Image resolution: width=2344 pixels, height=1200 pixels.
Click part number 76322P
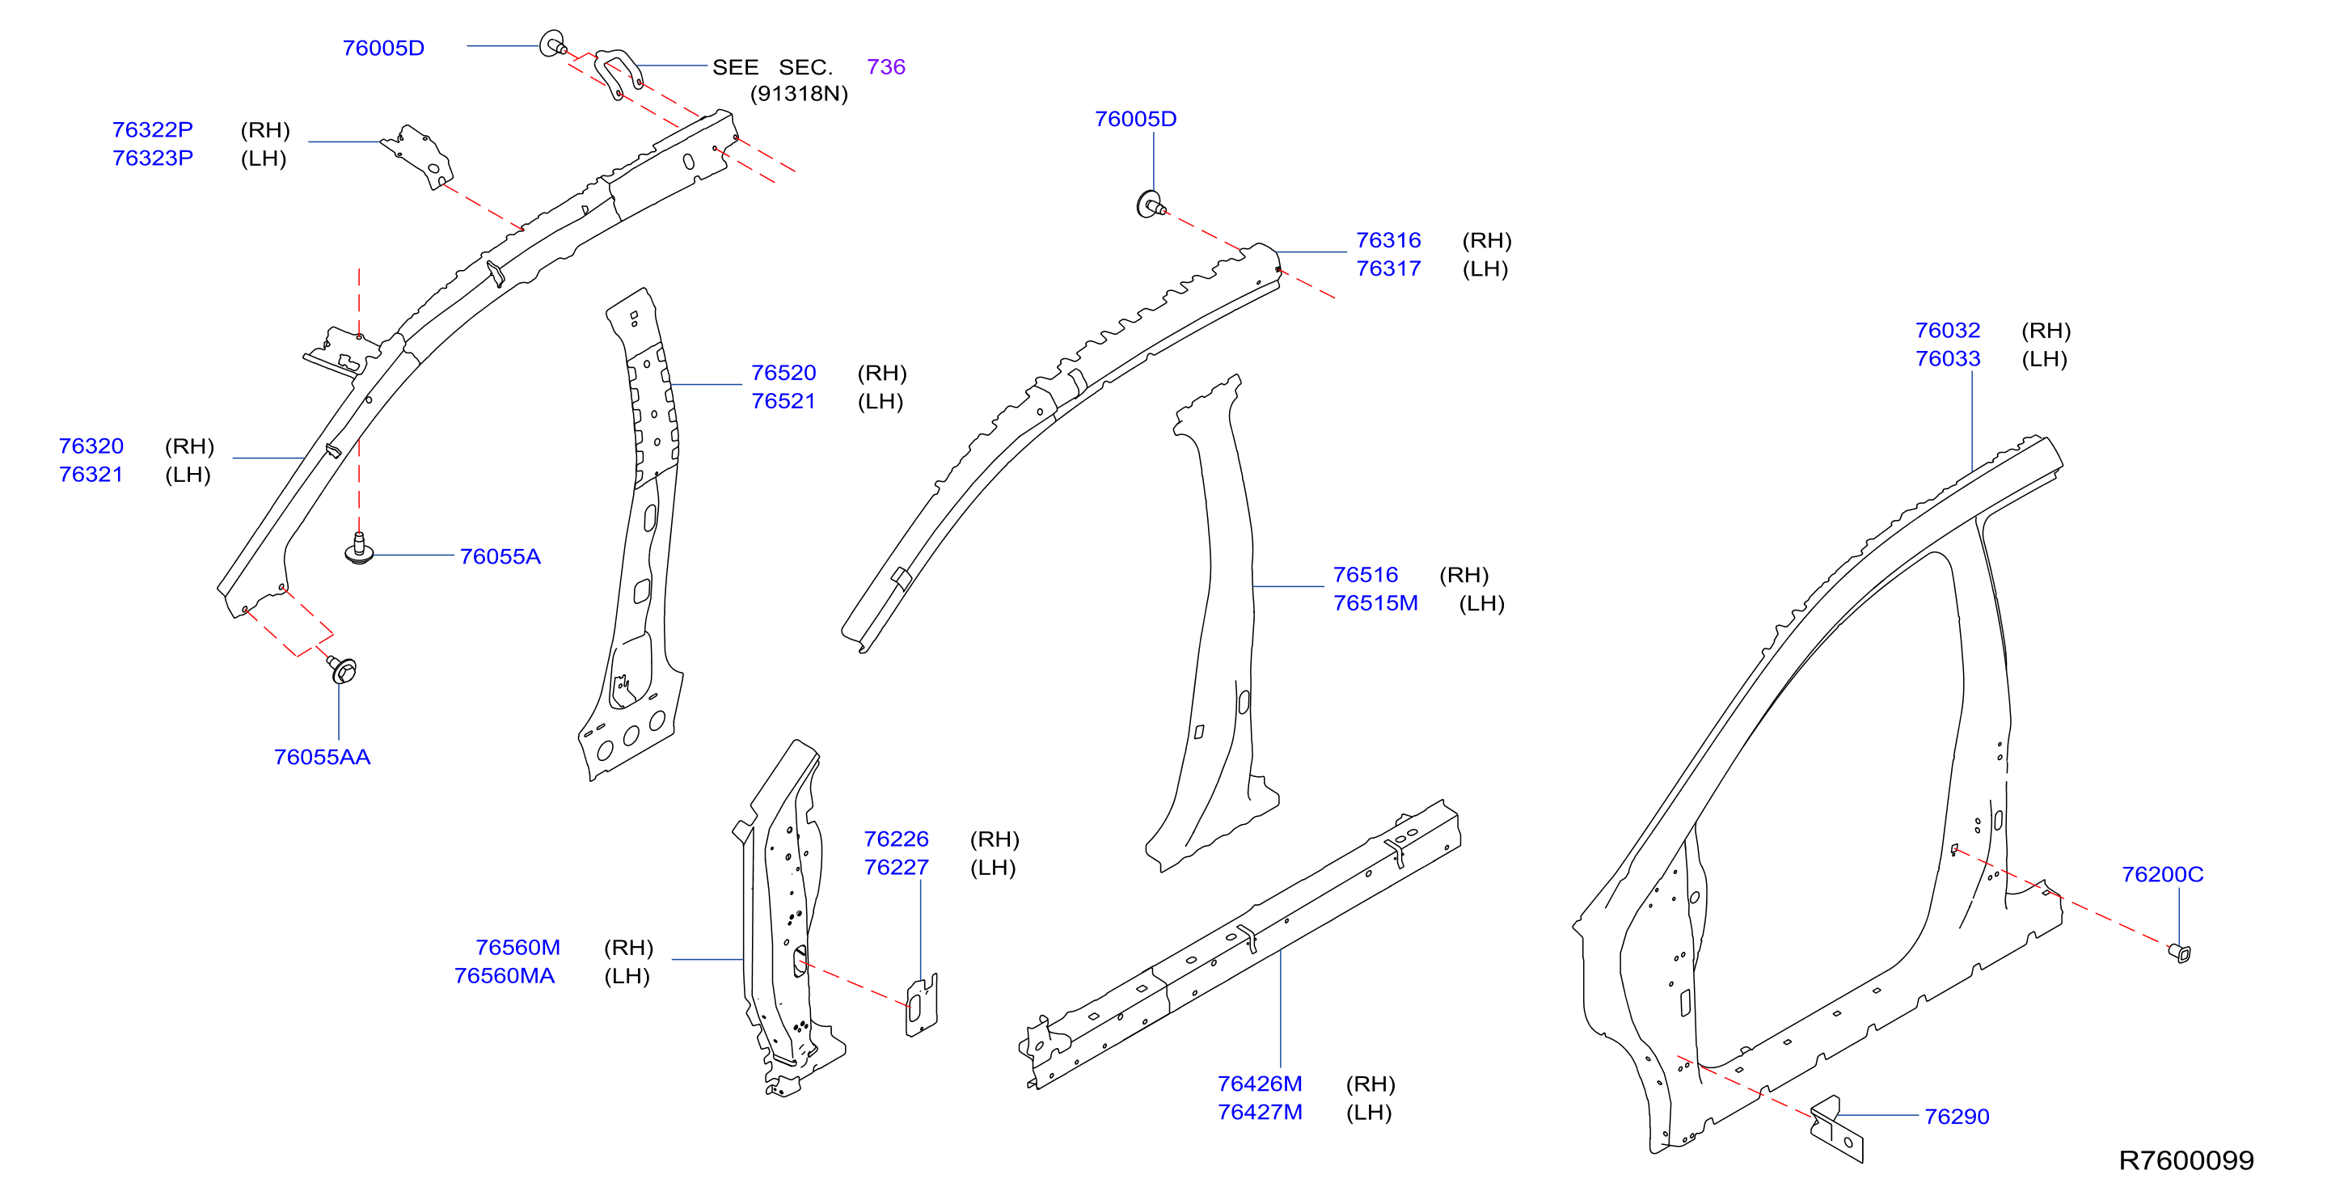coord(152,129)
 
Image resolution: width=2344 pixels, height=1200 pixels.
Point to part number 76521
coord(783,401)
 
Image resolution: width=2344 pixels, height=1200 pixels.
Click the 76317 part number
coord(1388,268)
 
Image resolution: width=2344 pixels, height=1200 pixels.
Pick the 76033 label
coord(1947,358)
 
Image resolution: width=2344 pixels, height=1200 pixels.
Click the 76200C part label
coord(2162,874)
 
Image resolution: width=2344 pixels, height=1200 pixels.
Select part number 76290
coord(1957,1116)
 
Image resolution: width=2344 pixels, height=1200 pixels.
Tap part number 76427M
coord(1260,1112)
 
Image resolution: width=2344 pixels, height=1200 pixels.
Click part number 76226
coord(897,839)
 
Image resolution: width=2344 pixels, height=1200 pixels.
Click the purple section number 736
coord(885,66)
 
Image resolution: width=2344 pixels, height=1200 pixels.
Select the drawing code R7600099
coord(2186,1160)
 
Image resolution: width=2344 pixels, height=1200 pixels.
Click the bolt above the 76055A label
coord(360,548)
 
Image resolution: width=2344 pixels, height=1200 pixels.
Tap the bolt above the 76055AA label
coord(342,670)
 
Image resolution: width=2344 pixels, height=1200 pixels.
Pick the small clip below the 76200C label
coord(2179,953)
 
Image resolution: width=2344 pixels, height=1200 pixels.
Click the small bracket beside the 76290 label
coord(1836,1130)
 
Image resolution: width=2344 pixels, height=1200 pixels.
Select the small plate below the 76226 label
coord(921,1005)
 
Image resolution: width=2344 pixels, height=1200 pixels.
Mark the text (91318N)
coord(799,94)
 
